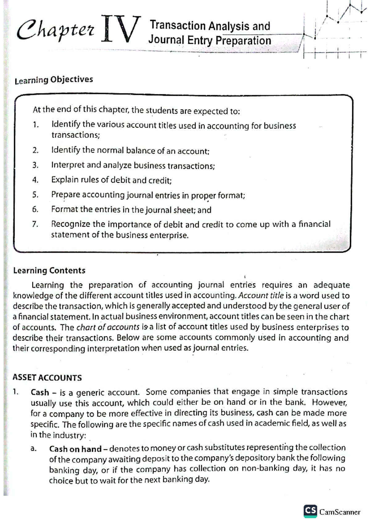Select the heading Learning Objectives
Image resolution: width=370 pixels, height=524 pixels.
(x=54, y=80)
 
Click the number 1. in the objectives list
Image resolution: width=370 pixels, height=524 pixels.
(x=36, y=125)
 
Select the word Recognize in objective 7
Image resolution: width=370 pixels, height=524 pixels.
(x=71, y=224)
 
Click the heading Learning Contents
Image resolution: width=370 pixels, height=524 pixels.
(x=49, y=271)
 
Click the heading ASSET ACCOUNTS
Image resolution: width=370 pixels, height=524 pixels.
(x=47, y=378)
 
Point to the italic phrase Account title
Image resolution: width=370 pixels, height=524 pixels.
(x=261, y=296)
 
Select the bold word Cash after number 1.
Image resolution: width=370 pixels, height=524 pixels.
(x=40, y=393)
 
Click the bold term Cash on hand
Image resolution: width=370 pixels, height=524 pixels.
(x=75, y=449)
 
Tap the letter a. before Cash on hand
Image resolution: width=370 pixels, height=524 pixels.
(x=34, y=449)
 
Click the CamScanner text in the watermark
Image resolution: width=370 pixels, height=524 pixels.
(x=339, y=512)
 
